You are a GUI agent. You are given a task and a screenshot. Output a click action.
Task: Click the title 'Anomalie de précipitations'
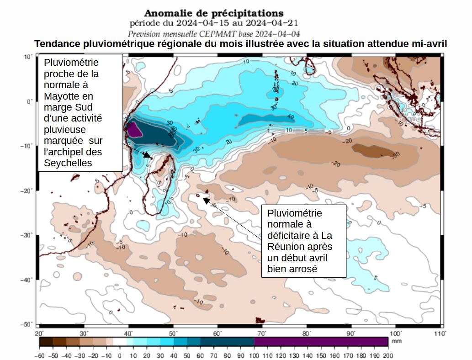(x=214, y=13)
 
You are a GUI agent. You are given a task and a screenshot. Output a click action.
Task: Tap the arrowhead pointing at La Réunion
(x=206, y=199)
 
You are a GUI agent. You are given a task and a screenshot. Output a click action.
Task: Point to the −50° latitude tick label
(x=27, y=324)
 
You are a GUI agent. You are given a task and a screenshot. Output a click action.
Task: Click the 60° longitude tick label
(x=217, y=334)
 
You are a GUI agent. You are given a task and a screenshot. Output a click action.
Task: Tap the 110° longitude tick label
(x=440, y=334)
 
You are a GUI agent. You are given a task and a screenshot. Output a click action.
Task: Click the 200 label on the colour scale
(x=388, y=355)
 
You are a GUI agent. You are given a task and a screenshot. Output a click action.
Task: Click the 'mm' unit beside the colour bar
(x=396, y=341)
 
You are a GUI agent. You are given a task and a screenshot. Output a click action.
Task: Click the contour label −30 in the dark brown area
(x=396, y=154)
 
